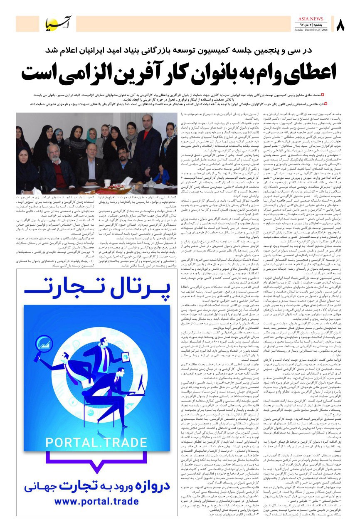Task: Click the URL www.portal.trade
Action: pos(96,516)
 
